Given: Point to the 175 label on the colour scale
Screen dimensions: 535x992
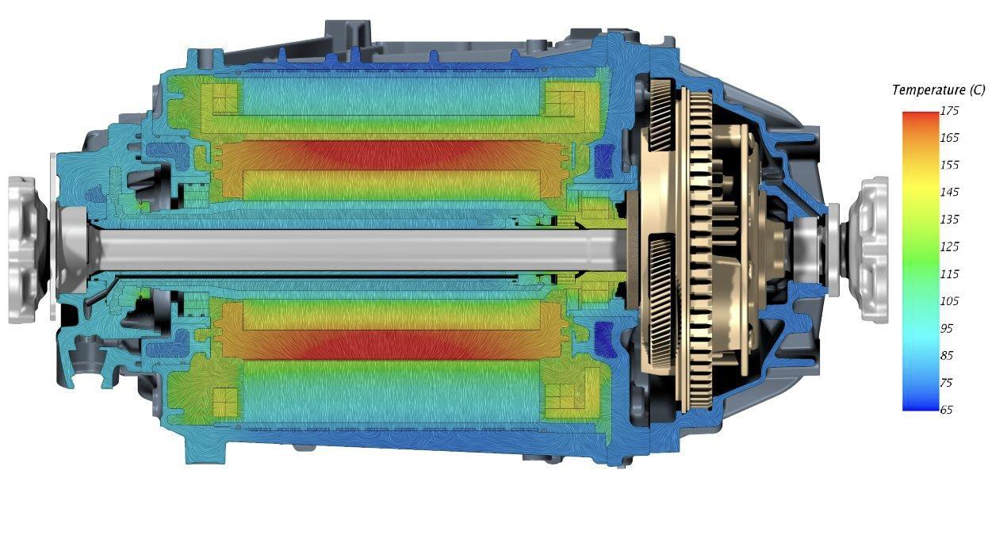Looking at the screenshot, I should tap(949, 111).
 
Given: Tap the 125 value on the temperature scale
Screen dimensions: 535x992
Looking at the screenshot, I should tap(949, 246).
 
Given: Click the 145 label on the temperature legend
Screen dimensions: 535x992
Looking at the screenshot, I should tap(949, 192).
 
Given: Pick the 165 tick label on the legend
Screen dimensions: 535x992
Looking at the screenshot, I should tap(949, 138).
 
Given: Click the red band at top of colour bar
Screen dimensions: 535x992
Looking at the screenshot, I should tap(919, 119).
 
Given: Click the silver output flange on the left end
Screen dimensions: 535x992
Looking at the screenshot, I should tap(28, 250).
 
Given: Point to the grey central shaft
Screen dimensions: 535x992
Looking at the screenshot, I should tap(357, 249).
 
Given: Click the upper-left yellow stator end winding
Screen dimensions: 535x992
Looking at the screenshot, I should tap(221, 100).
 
